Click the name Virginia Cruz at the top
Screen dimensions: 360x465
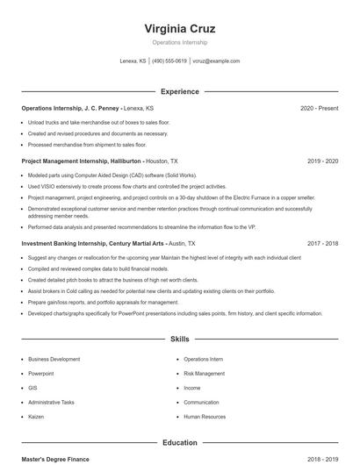click(179, 28)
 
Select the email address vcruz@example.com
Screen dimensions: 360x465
click(216, 61)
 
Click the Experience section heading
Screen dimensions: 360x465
click(179, 91)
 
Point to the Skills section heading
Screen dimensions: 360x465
click(179, 338)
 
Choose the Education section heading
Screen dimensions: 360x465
click(179, 443)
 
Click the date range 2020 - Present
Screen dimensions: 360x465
click(319, 108)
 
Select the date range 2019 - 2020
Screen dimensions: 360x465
click(323, 161)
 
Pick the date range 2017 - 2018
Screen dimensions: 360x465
click(323, 243)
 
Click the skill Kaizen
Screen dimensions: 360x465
click(37, 417)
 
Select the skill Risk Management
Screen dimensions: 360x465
click(205, 374)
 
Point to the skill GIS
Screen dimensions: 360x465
click(32, 388)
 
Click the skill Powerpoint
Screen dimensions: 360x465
click(41, 374)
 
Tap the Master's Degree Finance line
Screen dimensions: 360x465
click(55, 459)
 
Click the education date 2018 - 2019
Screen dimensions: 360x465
click(323, 459)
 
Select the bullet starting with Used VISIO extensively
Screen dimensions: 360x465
click(126, 187)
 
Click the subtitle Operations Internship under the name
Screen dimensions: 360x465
click(179, 42)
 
